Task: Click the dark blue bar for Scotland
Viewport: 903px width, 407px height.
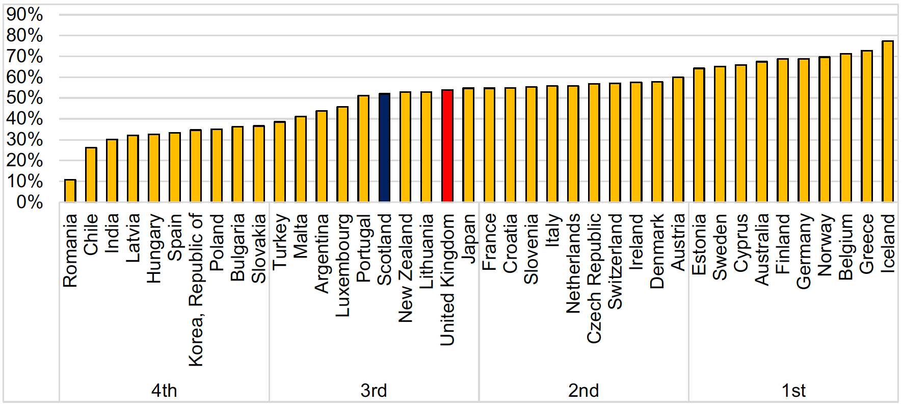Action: pos(385,148)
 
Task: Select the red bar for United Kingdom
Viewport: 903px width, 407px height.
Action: pos(447,146)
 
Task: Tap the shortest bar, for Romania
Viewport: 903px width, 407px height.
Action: pos(70,191)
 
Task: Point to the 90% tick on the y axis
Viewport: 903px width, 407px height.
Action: pos(24,14)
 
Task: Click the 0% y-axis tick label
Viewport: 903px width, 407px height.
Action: pos(30,202)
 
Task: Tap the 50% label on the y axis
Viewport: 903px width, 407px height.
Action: pos(24,98)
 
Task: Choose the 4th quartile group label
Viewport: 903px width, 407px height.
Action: pos(164,391)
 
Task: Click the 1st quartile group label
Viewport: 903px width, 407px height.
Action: pos(793,391)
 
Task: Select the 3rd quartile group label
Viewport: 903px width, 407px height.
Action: pos(374,391)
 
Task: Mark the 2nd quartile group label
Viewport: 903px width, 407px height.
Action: pos(583,391)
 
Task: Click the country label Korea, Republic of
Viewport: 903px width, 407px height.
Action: pos(196,290)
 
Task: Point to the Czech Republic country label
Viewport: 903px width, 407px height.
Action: pos(594,278)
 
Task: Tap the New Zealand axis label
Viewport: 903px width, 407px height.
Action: pos(406,268)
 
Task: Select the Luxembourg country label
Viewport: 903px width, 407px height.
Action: pos(343,265)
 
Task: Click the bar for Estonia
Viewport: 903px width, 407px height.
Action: pos(699,135)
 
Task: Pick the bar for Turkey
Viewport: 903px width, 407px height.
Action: pos(280,162)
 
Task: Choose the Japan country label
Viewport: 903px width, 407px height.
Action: pos(468,238)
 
